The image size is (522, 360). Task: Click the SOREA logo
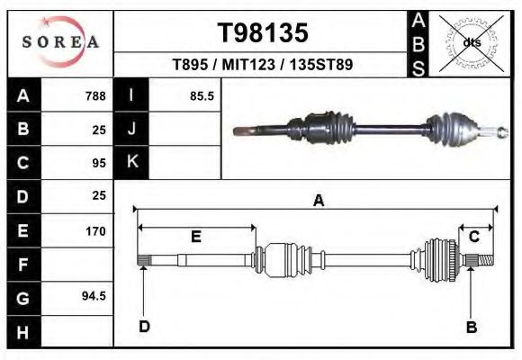60,42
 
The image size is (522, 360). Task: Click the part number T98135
263,33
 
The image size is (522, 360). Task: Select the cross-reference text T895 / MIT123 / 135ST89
262,65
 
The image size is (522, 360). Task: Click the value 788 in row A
94,96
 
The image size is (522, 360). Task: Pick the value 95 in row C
99,163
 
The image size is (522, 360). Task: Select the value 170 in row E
95,231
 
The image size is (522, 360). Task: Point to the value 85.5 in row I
201,96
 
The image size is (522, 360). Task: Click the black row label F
23,265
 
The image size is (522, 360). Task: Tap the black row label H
23,331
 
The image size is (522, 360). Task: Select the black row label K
131,163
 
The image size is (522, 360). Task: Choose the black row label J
131,130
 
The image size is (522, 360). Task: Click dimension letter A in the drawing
318,202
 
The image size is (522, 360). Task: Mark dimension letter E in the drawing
196,237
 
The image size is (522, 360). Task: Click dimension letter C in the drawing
473,237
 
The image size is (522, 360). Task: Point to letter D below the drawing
144,327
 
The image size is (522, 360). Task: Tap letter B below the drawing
471,327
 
